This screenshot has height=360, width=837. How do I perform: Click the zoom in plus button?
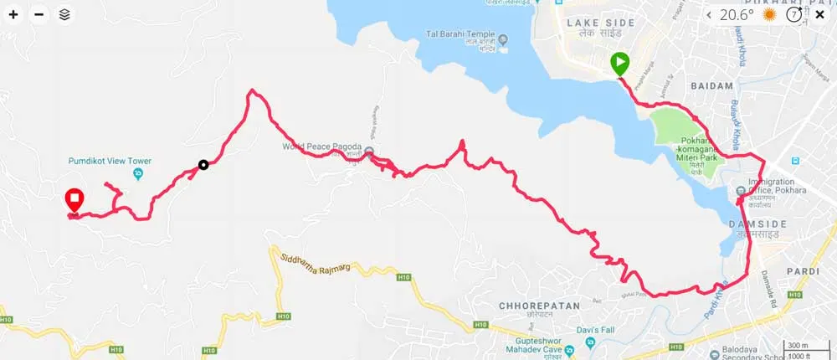tap(13, 14)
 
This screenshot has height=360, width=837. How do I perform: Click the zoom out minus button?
tap(39, 14)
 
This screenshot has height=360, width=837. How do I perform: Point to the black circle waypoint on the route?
tap(203, 165)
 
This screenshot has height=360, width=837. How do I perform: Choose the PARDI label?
tap(803, 271)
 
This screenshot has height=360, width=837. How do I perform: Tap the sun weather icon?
tap(769, 14)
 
